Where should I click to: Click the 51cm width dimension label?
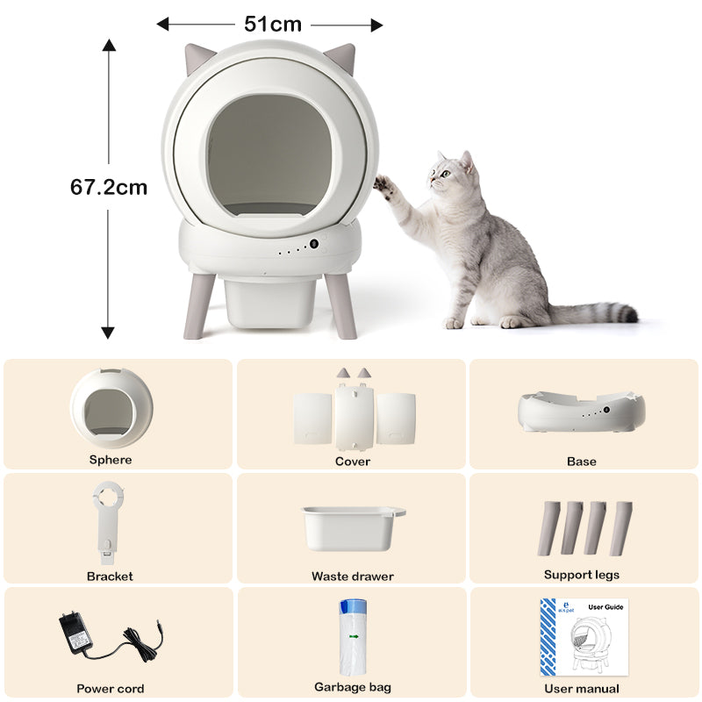coord(272,25)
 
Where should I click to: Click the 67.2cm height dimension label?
coord(109,187)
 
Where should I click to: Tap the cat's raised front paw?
coord(383,184)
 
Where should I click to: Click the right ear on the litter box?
coord(340,59)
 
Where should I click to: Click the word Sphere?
coord(111,460)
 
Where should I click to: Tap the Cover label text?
coord(352,462)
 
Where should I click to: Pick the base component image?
coord(581,411)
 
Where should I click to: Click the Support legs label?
coord(581,575)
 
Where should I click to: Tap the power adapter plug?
coord(75,631)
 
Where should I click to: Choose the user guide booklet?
coord(584,637)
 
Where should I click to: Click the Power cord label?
coord(111,689)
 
